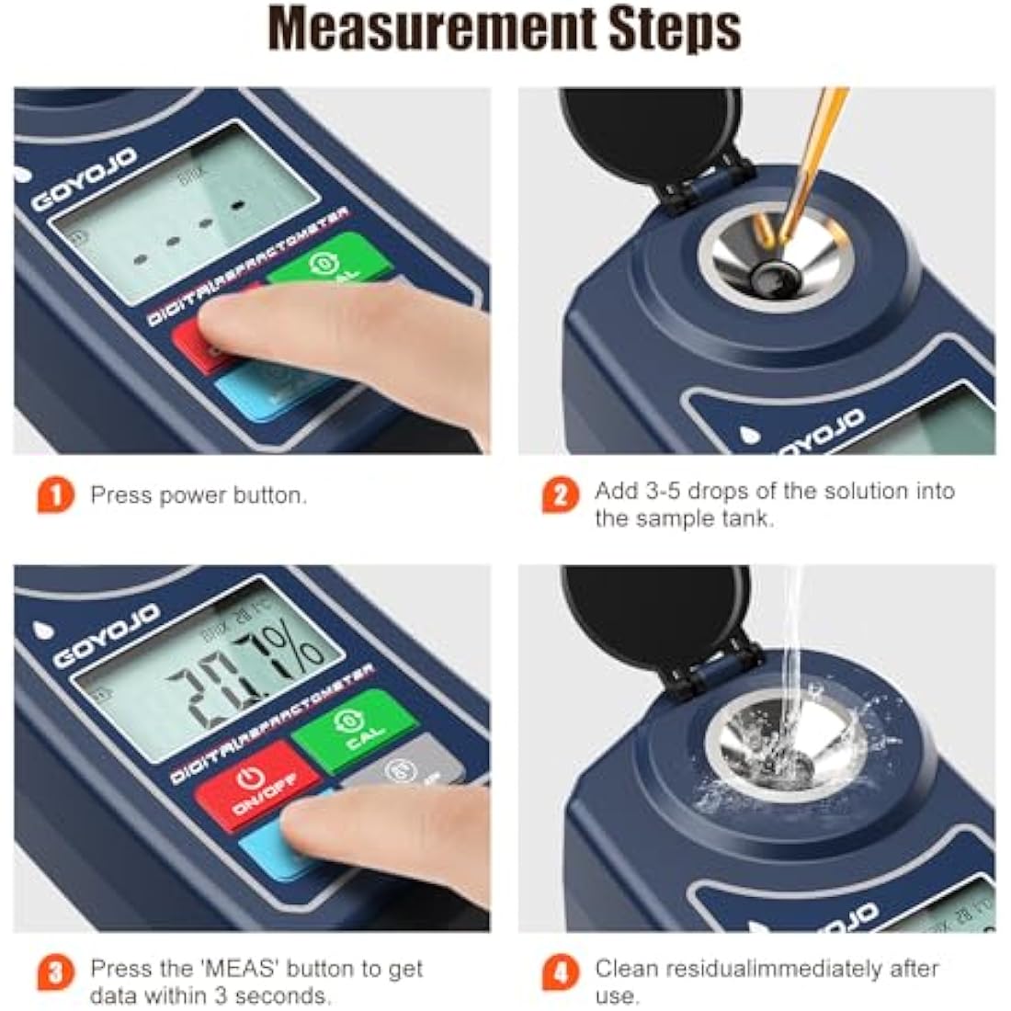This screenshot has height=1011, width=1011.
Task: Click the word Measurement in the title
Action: pyautogui.click(x=430, y=29)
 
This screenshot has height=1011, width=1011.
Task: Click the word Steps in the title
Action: pyautogui.click(x=674, y=29)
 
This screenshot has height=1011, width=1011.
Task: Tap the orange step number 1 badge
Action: pyautogui.click(x=55, y=496)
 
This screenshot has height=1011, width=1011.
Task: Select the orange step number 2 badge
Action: pyautogui.click(x=560, y=496)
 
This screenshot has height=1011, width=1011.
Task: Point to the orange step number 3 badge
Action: pyautogui.click(x=55, y=972)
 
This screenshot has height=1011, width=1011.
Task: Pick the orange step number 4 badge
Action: pyautogui.click(x=560, y=972)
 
